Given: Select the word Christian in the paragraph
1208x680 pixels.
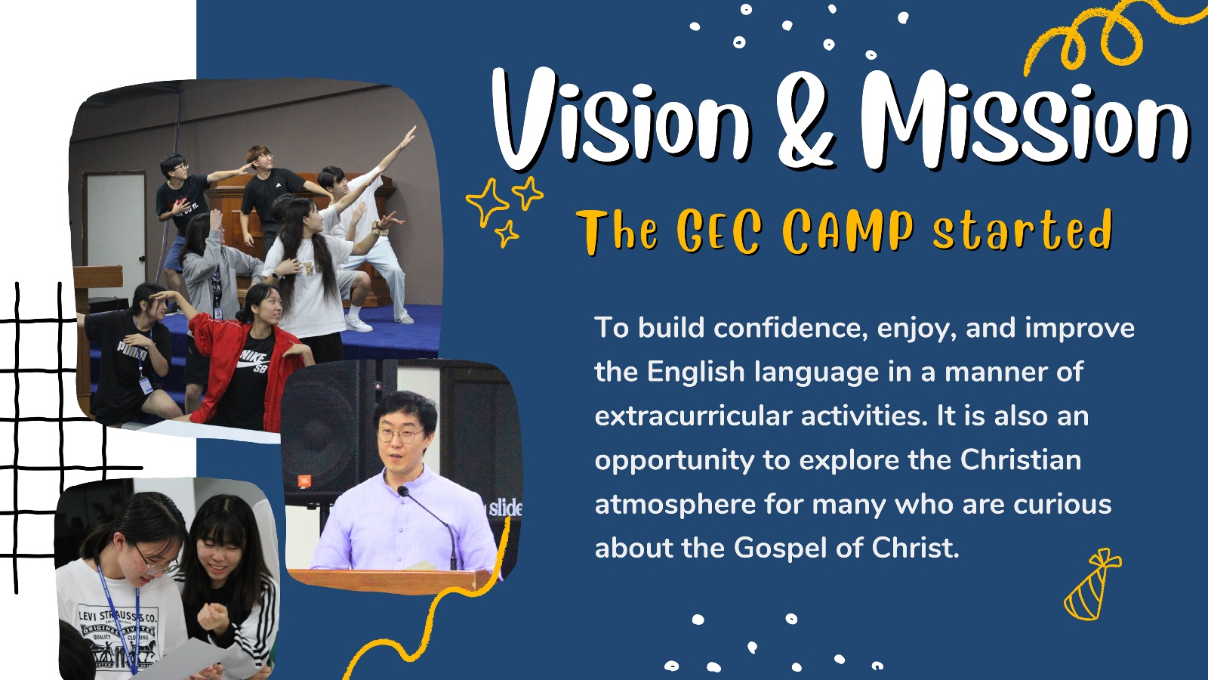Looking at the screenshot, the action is pyautogui.click(x=1020, y=460).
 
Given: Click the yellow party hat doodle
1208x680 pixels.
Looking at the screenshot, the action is pyautogui.click(x=1090, y=586).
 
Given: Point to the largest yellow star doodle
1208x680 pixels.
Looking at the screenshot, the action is pyautogui.click(x=488, y=202).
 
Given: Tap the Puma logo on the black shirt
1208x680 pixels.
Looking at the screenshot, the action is pyautogui.click(x=132, y=351).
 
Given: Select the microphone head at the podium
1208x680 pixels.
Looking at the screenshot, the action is pyautogui.click(x=402, y=491).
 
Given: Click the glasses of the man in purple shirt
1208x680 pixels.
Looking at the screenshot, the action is pyautogui.click(x=399, y=435).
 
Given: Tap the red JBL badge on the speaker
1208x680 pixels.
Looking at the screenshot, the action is pyautogui.click(x=303, y=480).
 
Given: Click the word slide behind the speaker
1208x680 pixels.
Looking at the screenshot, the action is pyautogui.click(x=505, y=508).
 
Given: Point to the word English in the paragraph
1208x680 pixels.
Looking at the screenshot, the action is pyautogui.click(x=695, y=373).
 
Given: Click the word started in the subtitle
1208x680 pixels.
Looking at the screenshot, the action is pyautogui.click(x=1022, y=230).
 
